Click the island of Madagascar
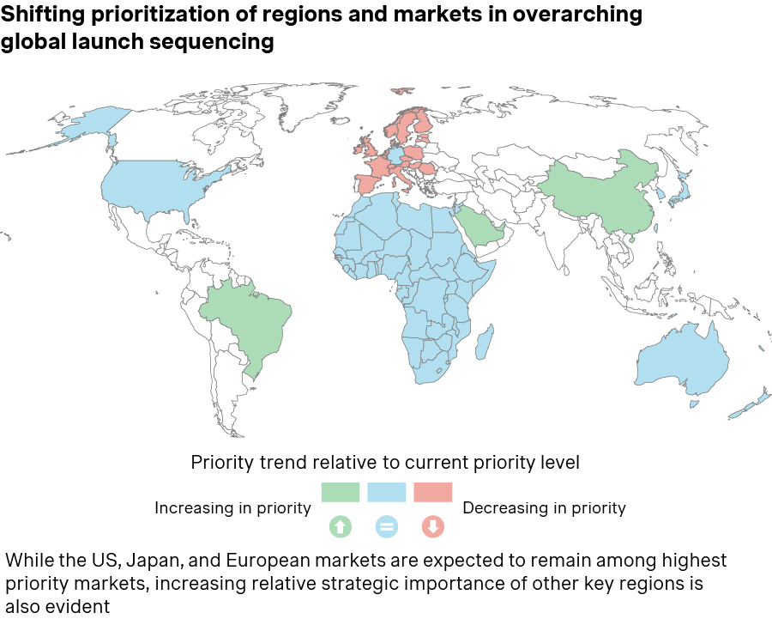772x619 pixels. (x=485, y=341)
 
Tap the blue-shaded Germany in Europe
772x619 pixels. (x=395, y=157)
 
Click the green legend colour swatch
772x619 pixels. (x=340, y=492)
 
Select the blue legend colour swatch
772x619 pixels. (x=386, y=492)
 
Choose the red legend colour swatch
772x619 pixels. (x=432, y=492)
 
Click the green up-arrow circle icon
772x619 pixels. (x=340, y=527)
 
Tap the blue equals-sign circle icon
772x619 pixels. (x=386, y=527)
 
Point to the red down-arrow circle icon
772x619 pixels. (x=432, y=527)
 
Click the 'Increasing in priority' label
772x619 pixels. (x=232, y=508)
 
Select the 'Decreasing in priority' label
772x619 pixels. (x=544, y=508)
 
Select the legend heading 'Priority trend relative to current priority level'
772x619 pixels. (x=385, y=463)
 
